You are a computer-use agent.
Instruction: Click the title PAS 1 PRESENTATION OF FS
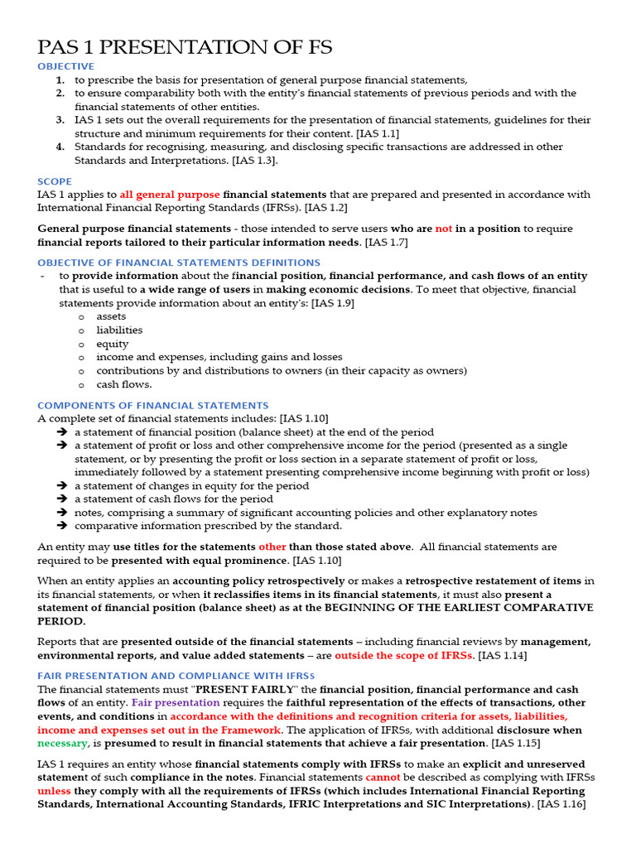pos(185,47)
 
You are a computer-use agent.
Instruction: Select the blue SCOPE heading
pos(55,181)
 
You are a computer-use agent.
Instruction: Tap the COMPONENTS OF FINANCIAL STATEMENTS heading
pos(153,405)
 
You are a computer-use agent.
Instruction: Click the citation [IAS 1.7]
pos(386,243)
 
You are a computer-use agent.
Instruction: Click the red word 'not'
pos(444,229)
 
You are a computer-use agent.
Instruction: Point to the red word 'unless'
pos(55,791)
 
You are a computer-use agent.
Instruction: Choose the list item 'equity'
pos(113,344)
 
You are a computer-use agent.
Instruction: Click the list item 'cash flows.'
pos(124,384)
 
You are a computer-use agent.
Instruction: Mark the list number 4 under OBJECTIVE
pos(60,147)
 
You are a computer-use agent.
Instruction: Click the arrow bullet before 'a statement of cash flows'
pos(62,499)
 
